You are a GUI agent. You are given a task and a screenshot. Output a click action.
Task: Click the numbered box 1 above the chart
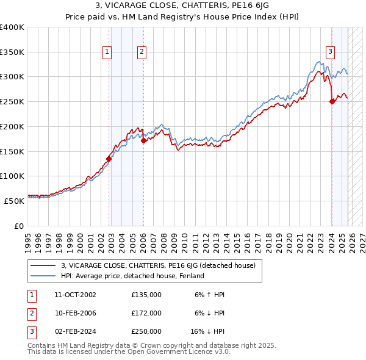107,52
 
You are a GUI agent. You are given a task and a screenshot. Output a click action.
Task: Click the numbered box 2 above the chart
141,52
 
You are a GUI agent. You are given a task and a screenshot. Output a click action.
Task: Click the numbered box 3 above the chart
329,52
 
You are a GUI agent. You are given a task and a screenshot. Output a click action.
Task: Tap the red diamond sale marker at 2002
109,159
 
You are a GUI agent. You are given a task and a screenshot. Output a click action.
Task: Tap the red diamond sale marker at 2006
143,140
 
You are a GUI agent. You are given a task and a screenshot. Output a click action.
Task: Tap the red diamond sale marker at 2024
332,102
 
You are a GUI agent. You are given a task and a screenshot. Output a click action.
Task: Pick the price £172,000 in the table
146,313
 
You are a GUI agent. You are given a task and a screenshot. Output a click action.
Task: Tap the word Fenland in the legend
190,276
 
